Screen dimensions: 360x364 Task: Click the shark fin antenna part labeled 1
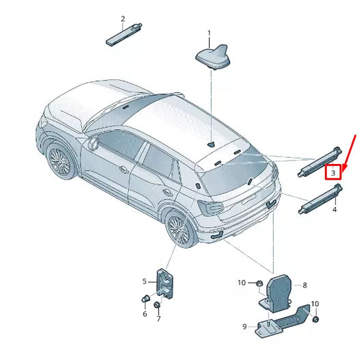coord(212,57)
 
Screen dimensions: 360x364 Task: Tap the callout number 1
coord(209,33)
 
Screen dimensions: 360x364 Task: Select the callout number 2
coord(123,18)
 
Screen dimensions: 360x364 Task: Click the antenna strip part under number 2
coord(124,34)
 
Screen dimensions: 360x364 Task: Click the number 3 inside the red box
coord(333,174)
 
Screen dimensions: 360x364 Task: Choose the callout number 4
coord(334,210)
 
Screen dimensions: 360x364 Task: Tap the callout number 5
coord(145,281)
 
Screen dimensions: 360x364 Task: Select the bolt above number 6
coord(145,299)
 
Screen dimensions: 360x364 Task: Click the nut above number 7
coord(158,304)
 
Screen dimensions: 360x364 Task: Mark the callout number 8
coord(305,286)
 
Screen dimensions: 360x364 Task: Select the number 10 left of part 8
coord(241,283)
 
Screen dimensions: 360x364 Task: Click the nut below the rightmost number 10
coord(316,318)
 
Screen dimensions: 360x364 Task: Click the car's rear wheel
coord(178,232)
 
